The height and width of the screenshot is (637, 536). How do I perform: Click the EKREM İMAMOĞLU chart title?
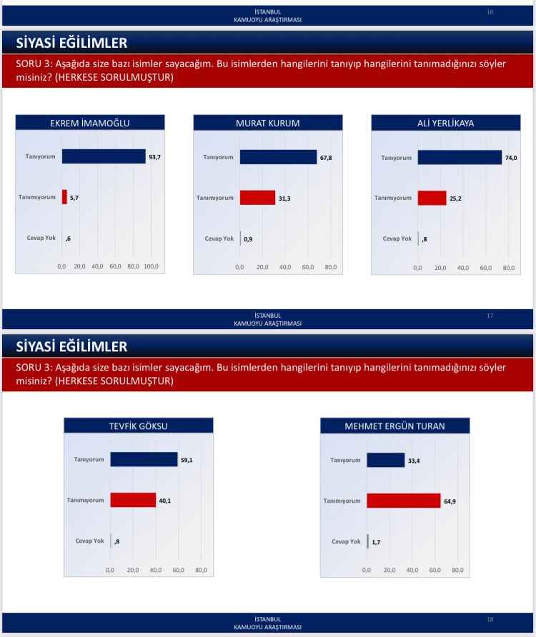pyautogui.click(x=89, y=123)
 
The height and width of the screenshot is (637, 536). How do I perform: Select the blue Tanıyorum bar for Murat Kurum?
pyautogui.click(x=278, y=157)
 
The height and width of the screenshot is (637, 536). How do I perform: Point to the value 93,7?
pyautogui.click(x=154, y=157)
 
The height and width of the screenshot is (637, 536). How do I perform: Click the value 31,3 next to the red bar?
pyautogui.click(x=284, y=198)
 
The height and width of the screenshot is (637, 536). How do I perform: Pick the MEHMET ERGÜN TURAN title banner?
pyautogui.click(x=394, y=426)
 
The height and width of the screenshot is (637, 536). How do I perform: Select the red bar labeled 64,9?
pyautogui.click(x=403, y=501)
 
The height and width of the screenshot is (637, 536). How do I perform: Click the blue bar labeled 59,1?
pyautogui.click(x=144, y=460)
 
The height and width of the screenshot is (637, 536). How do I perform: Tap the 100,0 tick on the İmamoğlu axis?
pyautogui.click(x=151, y=266)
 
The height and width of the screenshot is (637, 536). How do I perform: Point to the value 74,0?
pyautogui.click(x=510, y=158)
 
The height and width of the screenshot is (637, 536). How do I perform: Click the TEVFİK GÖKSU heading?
pyautogui.click(x=139, y=426)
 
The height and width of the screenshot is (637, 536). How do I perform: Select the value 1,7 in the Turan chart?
pyautogui.click(x=377, y=542)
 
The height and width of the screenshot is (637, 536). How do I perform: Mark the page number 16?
pyautogui.click(x=490, y=12)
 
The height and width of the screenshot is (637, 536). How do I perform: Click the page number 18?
pyautogui.click(x=490, y=619)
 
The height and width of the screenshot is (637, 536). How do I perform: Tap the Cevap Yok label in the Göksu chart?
pyautogui.click(x=89, y=541)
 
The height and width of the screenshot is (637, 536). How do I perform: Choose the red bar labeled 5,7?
pyautogui.click(x=64, y=197)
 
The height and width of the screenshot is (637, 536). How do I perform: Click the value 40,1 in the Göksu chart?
pyautogui.click(x=164, y=501)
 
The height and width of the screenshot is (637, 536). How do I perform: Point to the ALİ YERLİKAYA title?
pyautogui.click(x=445, y=123)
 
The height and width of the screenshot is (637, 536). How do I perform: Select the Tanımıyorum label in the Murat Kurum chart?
pyautogui.click(x=215, y=198)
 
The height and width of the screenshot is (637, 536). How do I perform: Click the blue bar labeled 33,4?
pyautogui.click(x=385, y=460)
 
